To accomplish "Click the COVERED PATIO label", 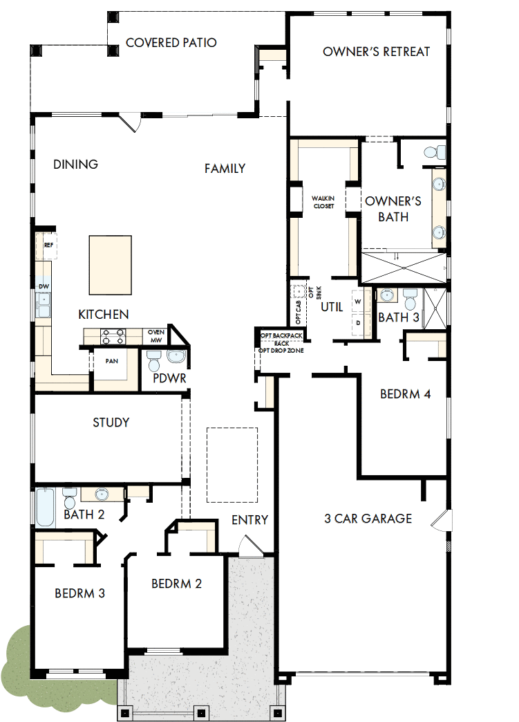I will pyautogui.click(x=171, y=43).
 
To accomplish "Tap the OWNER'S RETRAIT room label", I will pyautogui.click(x=376, y=52).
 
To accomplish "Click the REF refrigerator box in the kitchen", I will pyautogui.click(x=48, y=246).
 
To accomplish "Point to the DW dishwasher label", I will pyautogui.click(x=44, y=286).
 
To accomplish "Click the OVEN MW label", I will pyautogui.click(x=155, y=335).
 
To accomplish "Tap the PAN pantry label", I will pyautogui.click(x=111, y=361).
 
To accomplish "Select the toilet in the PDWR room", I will pyautogui.click(x=154, y=360).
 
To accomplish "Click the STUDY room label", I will pyautogui.click(x=111, y=423).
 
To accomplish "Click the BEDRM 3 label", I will pyautogui.click(x=79, y=593).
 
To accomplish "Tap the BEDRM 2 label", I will pyautogui.click(x=176, y=584).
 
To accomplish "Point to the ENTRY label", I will pyautogui.click(x=249, y=520).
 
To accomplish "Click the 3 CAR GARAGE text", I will pyautogui.click(x=368, y=519).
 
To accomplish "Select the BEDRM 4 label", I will pyautogui.click(x=406, y=394).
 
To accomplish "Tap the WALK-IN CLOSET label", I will pyautogui.click(x=323, y=202).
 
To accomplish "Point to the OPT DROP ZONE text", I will pyautogui.click(x=281, y=350).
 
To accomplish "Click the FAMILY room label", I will pyautogui.click(x=225, y=168).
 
